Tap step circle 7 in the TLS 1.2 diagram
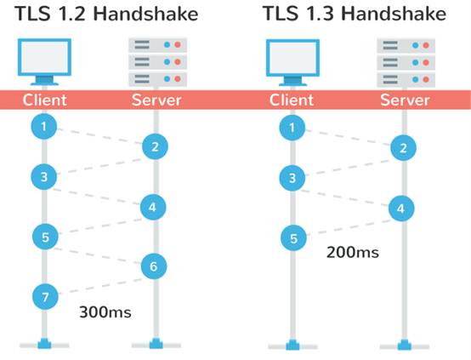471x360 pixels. point(44,296)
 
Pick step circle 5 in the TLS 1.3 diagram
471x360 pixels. point(292,237)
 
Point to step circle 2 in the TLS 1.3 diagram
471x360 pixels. point(402,148)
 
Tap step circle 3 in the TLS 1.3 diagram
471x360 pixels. point(292,179)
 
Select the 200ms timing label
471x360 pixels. point(353,253)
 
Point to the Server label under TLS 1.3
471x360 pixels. point(404,100)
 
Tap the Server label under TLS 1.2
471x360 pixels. point(156,100)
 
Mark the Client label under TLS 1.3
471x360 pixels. point(292,100)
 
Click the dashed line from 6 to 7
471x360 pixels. point(99,281)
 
